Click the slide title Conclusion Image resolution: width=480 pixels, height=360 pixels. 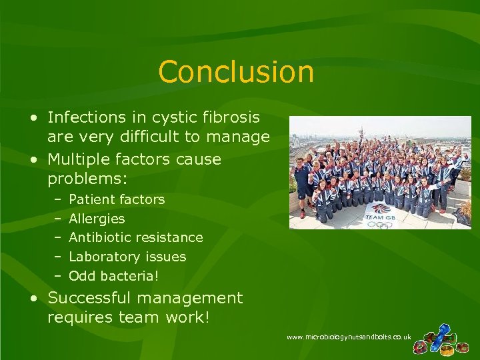[x=236, y=72]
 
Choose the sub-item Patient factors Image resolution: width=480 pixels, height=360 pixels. [x=117, y=199]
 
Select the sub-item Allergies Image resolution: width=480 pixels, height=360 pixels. [x=97, y=219]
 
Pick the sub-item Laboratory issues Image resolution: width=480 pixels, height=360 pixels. [x=127, y=257]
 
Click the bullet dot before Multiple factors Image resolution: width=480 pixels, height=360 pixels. [x=33, y=160]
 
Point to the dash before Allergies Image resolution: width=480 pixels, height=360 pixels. [x=58, y=219]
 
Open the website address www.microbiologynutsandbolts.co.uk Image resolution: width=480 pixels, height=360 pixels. [x=348, y=338]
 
